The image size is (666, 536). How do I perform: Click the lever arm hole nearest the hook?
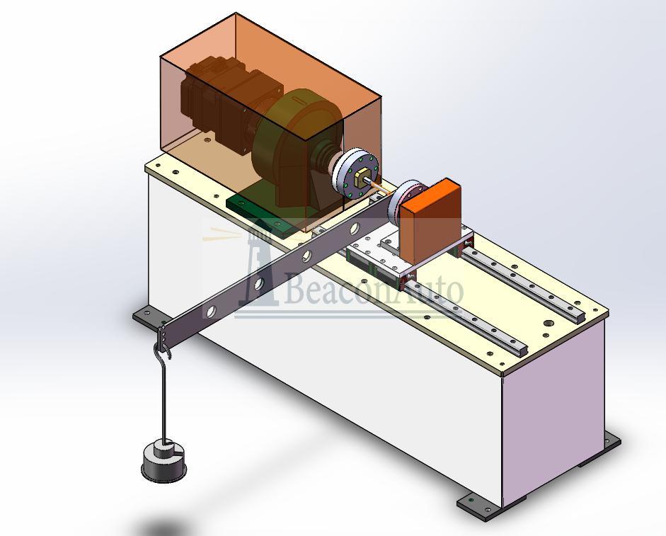coord(210,311)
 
